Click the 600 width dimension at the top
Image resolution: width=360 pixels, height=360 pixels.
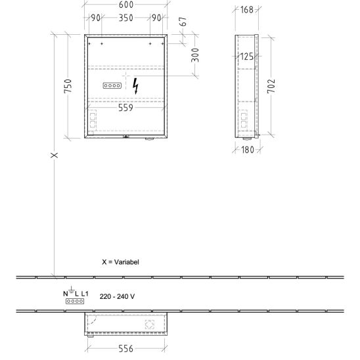click(126, 5)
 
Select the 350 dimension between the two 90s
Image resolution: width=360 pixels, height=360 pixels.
click(126, 18)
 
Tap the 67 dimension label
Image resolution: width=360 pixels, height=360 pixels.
click(183, 22)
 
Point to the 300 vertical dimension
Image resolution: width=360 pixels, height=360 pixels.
click(195, 55)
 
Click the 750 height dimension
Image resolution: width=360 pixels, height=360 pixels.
click(68, 86)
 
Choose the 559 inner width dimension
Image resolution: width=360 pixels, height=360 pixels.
click(125, 108)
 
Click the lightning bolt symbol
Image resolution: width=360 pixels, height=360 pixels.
click(136, 86)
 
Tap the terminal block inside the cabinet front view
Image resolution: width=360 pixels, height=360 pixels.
click(112, 85)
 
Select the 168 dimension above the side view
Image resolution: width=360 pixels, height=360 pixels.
click(247, 10)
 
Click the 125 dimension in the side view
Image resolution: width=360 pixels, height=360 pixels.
click(247, 56)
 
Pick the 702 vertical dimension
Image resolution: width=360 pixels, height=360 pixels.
click(271, 86)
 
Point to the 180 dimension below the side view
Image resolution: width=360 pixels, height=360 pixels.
click(248, 150)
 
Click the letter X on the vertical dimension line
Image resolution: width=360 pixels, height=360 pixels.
click(54, 155)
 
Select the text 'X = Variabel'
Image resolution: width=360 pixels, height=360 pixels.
click(120, 262)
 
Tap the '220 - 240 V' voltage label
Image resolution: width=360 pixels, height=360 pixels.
click(117, 296)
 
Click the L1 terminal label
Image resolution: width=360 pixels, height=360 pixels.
click(85, 294)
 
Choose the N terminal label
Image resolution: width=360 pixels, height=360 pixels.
click(66, 294)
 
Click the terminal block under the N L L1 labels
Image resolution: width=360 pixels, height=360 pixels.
click(75, 301)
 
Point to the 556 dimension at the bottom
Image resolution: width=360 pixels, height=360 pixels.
click(126, 349)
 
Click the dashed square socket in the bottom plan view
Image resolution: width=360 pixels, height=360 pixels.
click(150, 324)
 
